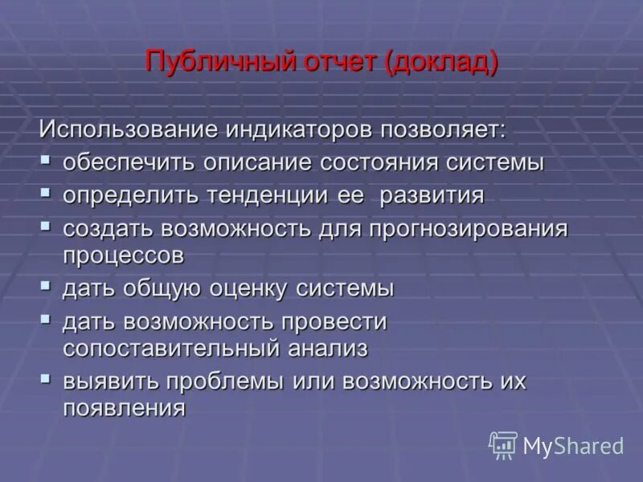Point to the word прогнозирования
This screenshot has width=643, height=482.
click(468, 229)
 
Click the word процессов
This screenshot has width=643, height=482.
click(125, 255)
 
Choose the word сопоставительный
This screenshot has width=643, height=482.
click(168, 349)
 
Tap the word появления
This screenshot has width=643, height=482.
click(125, 408)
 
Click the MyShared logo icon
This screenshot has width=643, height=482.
click(503, 444)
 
